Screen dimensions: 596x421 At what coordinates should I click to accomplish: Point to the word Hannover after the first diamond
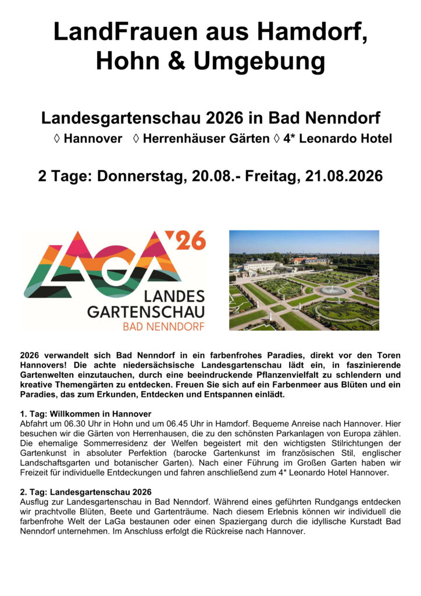tap(93, 139)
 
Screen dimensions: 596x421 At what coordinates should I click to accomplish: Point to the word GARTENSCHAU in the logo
tap(146, 312)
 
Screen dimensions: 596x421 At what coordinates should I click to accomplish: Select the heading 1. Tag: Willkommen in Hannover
tap(85, 414)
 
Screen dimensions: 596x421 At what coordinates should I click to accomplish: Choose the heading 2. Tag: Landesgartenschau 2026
tap(85, 492)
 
